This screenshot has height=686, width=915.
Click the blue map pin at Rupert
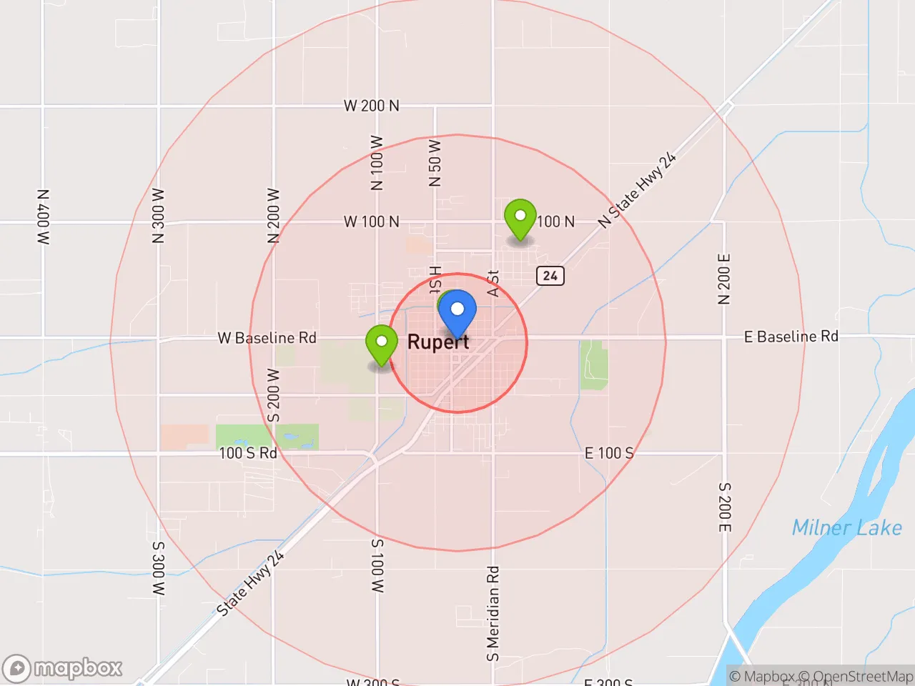(457, 311)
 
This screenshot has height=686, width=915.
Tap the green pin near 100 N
(520, 217)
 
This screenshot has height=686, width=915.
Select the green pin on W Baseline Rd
(382, 343)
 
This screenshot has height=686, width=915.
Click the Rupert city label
(438, 342)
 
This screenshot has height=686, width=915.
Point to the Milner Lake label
(846, 528)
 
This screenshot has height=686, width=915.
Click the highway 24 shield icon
(550, 276)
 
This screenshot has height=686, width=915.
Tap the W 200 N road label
(372, 106)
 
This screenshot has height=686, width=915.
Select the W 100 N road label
(372, 222)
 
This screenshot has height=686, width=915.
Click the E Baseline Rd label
(791, 337)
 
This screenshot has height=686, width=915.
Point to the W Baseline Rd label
(267, 338)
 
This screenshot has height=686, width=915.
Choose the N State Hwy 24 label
(637, 190)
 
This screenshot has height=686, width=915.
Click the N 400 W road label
(44, 217)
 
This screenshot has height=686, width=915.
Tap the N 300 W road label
(159, 216)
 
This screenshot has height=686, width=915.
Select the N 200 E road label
(724, 279)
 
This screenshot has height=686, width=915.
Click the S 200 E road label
(724, 507)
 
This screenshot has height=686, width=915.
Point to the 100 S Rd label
(248, 453)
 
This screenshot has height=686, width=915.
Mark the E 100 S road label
(609, 453)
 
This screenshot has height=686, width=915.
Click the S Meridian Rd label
(493, 614)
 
